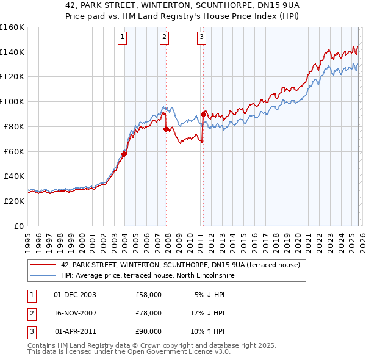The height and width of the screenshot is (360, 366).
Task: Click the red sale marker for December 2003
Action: click(x=124, y=154)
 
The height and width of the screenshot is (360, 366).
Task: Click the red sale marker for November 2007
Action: click(x=166, y=129)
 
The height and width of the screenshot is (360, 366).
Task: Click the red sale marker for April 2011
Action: click(x=203, y=113)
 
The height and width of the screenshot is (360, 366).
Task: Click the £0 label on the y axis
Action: click(x=19, y=226)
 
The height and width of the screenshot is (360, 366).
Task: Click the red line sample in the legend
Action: click(x=43, y=265)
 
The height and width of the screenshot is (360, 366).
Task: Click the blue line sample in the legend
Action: click(x=43, y=275)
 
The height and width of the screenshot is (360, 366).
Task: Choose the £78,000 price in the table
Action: click(x=149, y=313)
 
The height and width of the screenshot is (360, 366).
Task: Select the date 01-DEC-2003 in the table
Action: click(x=75, y=295)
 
